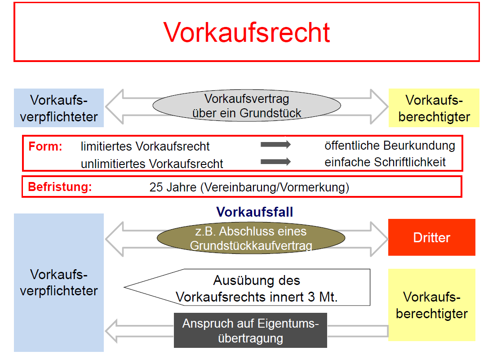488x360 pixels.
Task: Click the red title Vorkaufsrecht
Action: pyautogui.click(x=247, y=32)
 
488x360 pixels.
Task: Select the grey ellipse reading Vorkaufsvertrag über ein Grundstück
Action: pyautogui.click(x=247, y=106)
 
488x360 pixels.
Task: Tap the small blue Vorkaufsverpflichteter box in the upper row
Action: pyautogui.click(x=59, y=108)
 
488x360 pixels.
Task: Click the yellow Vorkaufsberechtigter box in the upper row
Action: pyautogui.click(x=434, y=108)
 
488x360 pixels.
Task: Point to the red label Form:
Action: pyautogui.click(x=45, y=147)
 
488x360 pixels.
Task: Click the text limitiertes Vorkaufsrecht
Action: pyautogui.click(x=145, y=147)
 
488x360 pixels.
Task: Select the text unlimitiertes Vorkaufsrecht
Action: pyautogui.click(x=152, y=164)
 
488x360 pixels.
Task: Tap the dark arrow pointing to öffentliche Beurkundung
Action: pyautogui.click(x=275, y=145)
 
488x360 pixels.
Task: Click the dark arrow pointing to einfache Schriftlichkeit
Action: pyautogui.click(x=275, y=161)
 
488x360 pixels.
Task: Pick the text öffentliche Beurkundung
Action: pyautogui.click(x=390, y=146)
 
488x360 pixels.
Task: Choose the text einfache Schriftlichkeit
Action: pyautogui.click(x=385, y=162)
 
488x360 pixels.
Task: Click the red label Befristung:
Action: pyautogui.click(x=60, y=187)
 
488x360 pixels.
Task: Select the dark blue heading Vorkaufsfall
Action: pyautogui.click(x=254, y=212)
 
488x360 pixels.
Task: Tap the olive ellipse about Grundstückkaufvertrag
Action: pyautogui.click(x=248, y=239)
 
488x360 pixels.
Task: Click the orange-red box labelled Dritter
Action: pyautogui.click(x=431, y=238)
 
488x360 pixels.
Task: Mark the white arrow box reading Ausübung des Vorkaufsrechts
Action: pyautogui.click(x=256, y=288)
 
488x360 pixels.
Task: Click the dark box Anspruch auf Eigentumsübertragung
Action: pyautogui.click(x=250, y=330)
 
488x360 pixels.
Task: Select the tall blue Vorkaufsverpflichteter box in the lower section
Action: pyautogui.click(x=59, y=282)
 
